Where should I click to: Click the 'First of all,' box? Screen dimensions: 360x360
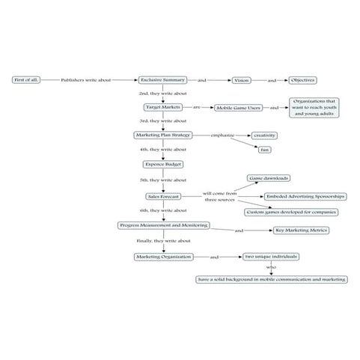point(25,79)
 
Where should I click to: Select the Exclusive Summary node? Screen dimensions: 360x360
point(162,79)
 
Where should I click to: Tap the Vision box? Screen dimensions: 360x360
point(241,79)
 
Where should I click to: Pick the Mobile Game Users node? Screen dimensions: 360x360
point(240,108)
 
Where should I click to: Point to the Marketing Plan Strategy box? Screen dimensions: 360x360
point(162,135)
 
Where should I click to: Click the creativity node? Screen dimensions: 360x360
point(264,135)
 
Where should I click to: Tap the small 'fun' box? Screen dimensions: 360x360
point(264,150)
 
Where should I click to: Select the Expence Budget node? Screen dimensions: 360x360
point(162,164)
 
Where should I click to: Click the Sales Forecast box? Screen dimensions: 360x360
point(162,196)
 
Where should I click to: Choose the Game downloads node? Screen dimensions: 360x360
point(269,179)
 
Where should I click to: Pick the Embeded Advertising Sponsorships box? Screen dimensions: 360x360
point(305,196)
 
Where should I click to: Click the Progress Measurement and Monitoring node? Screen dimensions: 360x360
point(163,225)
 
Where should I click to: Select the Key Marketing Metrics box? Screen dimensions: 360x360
point(302,231)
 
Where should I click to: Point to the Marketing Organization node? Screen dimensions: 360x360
point(162,257)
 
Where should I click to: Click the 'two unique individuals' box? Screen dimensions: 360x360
point(271,257)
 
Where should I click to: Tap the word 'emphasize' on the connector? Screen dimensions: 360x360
point(222,135)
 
